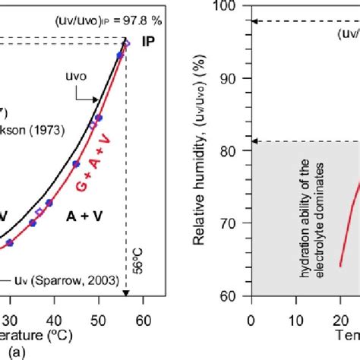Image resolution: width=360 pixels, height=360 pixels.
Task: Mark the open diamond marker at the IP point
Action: point(126,44)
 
